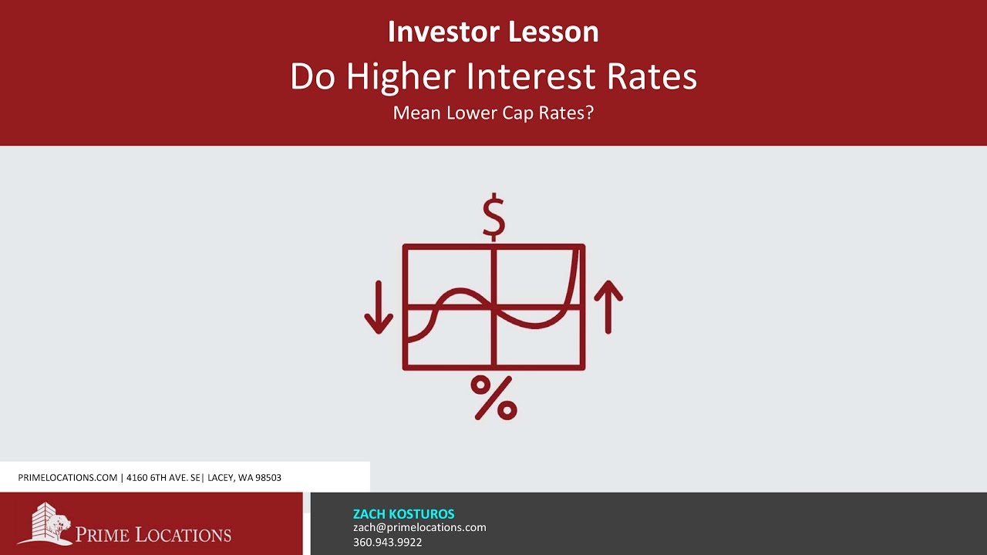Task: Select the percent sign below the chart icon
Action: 493,398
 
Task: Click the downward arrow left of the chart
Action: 379,307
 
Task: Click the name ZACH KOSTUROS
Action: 403,514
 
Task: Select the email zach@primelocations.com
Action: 419,527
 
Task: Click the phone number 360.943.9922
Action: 387,542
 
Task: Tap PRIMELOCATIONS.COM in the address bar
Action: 67,478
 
